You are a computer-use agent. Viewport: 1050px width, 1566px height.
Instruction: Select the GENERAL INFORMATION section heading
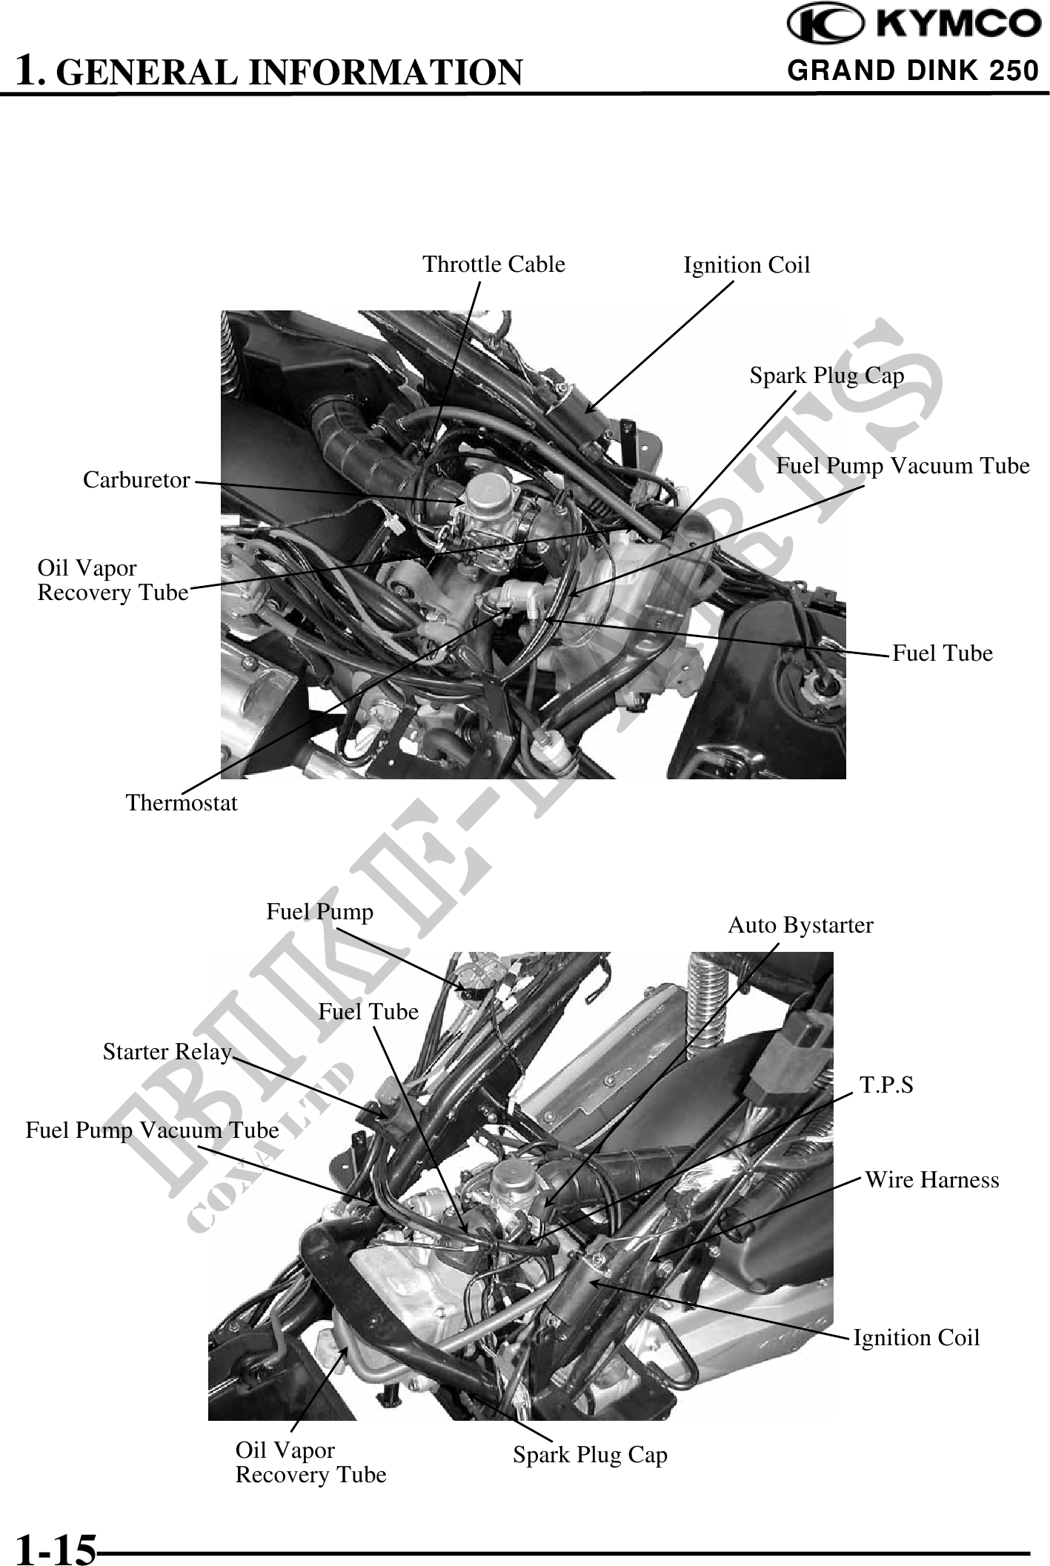point(270,72)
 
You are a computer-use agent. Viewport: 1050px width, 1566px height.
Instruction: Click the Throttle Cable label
point(494,264)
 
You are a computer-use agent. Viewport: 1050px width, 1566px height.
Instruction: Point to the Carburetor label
point(136,480)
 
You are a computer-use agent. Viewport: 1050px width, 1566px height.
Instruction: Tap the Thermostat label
point(182,802)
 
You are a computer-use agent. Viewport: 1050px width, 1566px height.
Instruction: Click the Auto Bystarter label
point(800,925)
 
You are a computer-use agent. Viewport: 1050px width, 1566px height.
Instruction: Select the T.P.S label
point(886,1085)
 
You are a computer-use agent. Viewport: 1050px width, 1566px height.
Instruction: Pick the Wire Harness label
point(932,1179)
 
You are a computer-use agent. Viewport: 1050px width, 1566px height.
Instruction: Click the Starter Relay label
point(167,1052)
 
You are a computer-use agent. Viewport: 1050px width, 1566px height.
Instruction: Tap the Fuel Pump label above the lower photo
point(319,911)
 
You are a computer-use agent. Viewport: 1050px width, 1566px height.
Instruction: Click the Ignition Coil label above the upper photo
point(746,264)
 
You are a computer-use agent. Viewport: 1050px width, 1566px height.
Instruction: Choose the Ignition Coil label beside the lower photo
point(916,1338)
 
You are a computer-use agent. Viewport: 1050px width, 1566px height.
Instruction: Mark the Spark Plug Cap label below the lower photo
point(590,1455)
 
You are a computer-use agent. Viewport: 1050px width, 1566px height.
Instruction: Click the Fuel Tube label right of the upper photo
point(942,653)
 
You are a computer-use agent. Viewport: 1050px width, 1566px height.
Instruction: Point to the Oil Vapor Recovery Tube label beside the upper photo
point(113,581)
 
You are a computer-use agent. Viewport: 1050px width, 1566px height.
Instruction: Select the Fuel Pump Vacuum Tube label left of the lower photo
point(152,1130)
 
